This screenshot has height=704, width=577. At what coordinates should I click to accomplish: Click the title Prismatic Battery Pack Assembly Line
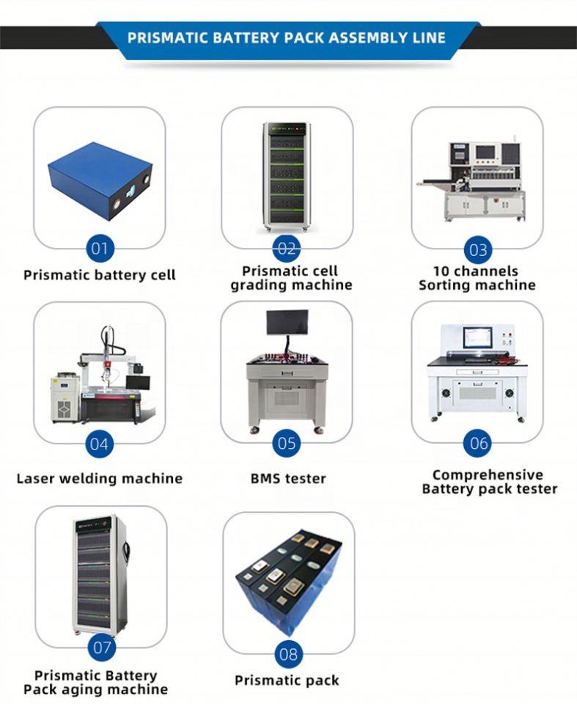(287, 37)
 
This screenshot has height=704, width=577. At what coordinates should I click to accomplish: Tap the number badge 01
(99, 248)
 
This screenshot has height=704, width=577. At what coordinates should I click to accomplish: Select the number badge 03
(478, 249)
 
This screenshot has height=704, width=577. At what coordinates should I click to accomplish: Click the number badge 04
(99, 444)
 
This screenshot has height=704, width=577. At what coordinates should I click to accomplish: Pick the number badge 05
(287, 443)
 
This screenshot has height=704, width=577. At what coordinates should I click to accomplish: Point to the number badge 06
(478, 443)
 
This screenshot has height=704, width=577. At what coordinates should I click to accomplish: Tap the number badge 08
(289, 653)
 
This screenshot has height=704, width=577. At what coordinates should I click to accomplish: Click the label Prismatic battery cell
(100, 276)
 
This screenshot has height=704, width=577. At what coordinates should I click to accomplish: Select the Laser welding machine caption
(100, 479)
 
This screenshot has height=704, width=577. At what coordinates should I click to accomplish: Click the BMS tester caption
(287, 479)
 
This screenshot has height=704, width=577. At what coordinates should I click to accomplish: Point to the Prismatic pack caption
(287, 681)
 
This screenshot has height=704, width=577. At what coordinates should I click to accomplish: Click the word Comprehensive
(488, 475)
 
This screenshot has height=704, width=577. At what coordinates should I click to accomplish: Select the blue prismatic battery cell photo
(99, 176)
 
